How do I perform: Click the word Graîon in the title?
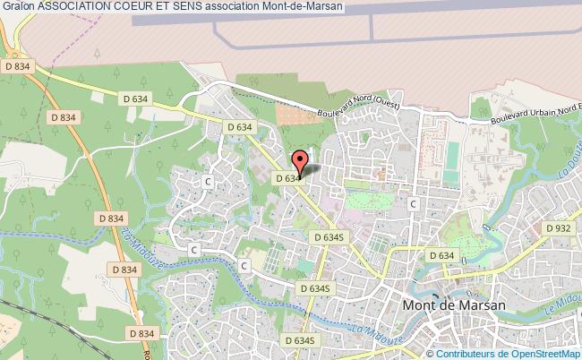(x=17, y=8)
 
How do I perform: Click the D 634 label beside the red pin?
(x=287, y=178)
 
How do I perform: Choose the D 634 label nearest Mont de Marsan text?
(x=441, y=256)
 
